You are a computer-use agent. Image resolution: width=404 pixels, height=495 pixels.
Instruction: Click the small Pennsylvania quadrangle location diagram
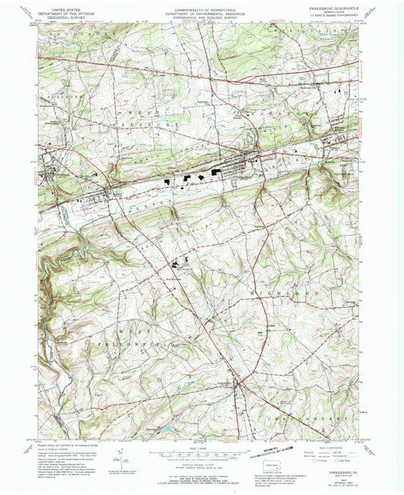click(265, 463)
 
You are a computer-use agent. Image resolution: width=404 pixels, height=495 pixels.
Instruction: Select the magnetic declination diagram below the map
click(119, 460)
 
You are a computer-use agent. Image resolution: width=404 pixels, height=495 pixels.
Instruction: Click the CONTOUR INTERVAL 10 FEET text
click(201, 464)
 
